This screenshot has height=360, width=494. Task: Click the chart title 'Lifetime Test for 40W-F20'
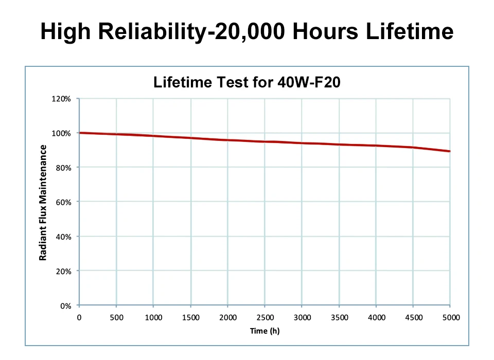[246, 82]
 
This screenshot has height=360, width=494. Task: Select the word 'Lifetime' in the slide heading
[410, 32]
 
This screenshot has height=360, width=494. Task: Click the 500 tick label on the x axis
[116, 318]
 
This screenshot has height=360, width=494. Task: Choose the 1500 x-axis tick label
[191, 318]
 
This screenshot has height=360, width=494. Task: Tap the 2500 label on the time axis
[265, 318]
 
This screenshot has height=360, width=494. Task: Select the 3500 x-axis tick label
[340, 318]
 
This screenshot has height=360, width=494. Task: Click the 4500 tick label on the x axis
[414, 318]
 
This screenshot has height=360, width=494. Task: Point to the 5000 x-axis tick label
[451, 318]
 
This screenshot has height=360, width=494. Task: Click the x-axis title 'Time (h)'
[264, 331]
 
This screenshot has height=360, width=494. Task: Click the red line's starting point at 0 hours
[80, 133]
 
